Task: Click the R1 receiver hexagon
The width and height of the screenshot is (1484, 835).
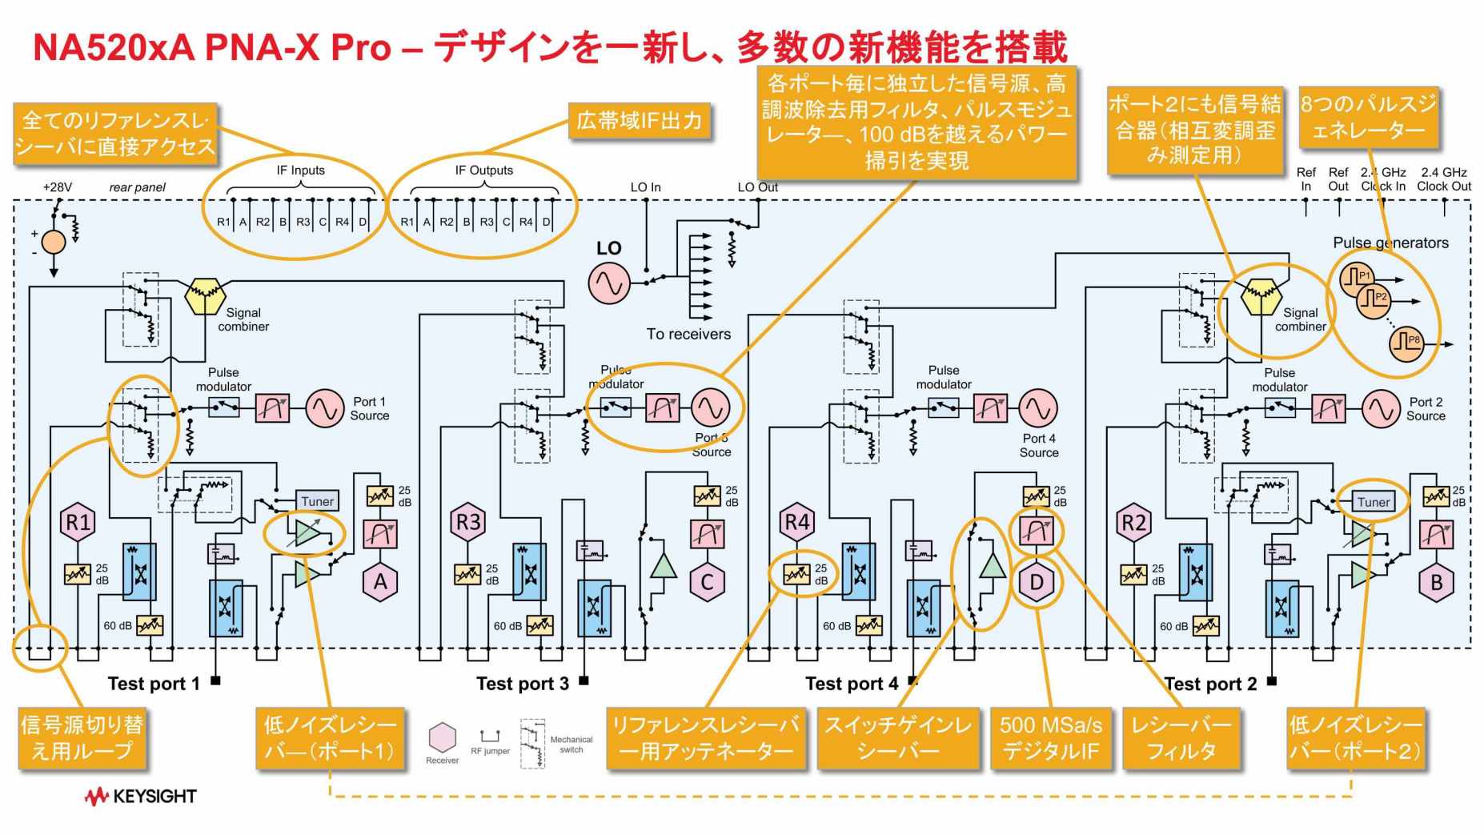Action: [78, 523]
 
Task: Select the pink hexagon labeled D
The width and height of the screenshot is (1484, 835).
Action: [1037, 582]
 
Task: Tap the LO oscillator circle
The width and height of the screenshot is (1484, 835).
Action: [608, 283]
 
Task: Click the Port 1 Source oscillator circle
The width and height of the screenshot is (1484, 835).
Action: [325, 409]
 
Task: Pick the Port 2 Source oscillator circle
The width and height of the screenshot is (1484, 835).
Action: [1381, 409]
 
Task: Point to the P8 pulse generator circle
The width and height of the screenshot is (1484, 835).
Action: [1407, 343]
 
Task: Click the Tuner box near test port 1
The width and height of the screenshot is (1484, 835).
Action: [317, 501]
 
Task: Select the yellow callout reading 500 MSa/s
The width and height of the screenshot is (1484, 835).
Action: [1050, 737]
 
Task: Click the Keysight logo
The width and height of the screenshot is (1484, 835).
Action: [141, 796]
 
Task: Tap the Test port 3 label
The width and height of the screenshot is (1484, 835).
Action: [522, 683]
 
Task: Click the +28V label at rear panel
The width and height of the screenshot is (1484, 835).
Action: [57, 187]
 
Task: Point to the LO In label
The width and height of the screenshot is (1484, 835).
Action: [645, 187]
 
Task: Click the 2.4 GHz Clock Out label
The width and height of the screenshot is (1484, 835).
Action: [1444, 179]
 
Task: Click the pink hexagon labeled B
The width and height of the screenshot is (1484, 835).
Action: [1437, 582]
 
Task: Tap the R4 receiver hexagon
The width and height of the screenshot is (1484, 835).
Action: [797, 523]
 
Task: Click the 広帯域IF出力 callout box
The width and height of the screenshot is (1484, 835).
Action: [639, 121]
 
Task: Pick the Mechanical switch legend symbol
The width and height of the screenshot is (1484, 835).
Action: [532, 744]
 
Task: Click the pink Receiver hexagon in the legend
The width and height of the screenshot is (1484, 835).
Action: [442, 737]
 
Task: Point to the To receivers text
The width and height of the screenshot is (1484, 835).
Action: [688, 334]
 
